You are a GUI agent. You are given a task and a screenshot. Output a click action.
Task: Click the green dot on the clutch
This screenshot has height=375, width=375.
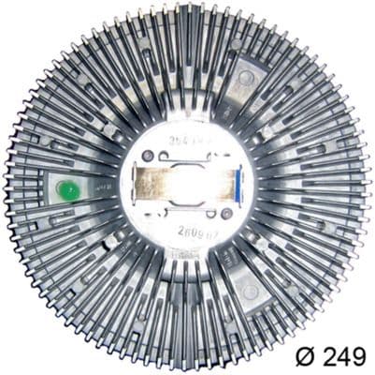coord(66,190)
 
